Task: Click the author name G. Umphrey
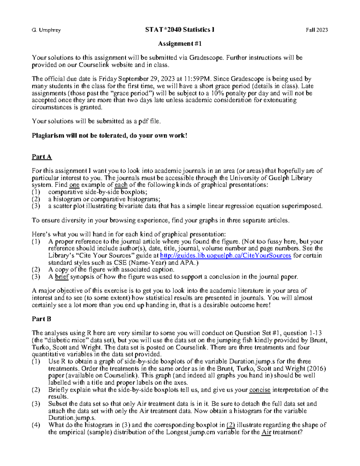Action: [x=46, y=30]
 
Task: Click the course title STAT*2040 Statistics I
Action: [x=180, y=30]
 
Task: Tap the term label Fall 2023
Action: [x=317, y=30]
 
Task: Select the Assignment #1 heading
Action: [x=180, y=44]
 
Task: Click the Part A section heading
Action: [x=42, y=157]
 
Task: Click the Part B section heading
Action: [x=41, y=319]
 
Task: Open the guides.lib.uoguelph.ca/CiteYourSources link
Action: [x=226, y=256]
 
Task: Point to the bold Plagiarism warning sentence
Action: [x=109, y=136]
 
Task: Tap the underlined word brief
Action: [x=62, y=277]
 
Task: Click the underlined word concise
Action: [x=260, y=390]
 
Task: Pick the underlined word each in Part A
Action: [x=121, y=185]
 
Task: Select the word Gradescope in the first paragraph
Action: [x=206, y=58]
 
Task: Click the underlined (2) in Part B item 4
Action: [x=230, y=425]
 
